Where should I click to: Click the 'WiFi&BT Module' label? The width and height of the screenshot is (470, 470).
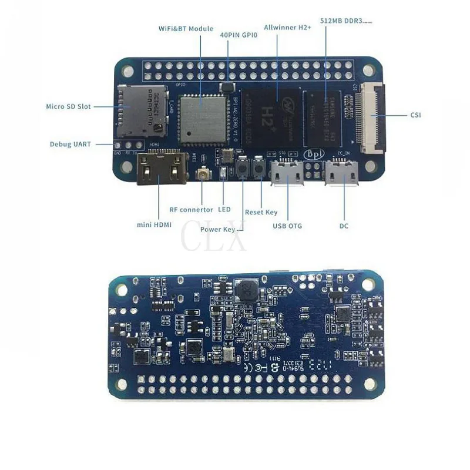(186, 28)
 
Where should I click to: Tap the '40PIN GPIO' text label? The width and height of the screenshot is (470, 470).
(239, 35)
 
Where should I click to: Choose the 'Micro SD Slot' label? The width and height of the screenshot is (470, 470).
(68, 106)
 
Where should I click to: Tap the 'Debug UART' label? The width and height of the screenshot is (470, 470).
(70, 144)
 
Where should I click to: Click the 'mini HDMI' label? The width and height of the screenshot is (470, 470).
(150, 224)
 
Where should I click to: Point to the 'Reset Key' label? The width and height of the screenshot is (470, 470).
(261, 212)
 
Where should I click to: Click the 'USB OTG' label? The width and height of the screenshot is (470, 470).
(287, 226)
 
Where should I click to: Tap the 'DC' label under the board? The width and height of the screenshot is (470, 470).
(344, 226)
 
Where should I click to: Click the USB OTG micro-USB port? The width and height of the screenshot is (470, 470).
(287, 173)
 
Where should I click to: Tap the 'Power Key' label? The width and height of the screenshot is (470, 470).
(217, 230)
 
